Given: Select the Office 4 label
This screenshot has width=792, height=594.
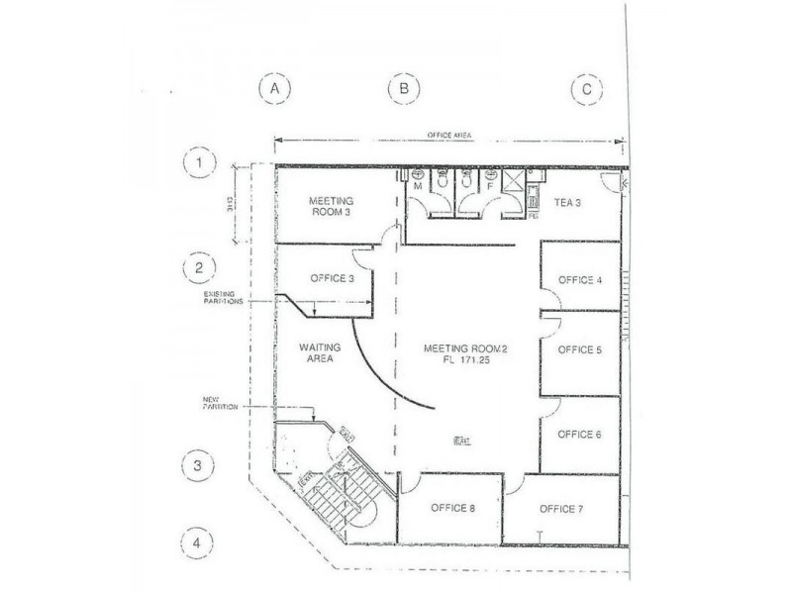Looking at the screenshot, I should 580,280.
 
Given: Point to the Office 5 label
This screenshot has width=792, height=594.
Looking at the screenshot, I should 580,349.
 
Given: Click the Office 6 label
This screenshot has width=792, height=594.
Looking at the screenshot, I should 580,435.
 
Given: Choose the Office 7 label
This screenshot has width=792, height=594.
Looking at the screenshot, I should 561,509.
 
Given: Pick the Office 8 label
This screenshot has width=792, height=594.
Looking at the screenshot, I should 453,509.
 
